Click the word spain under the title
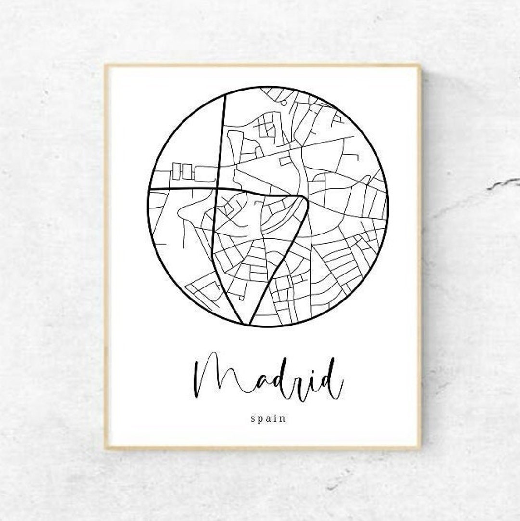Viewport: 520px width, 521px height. point(268,418)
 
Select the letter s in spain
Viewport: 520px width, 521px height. point(253,418)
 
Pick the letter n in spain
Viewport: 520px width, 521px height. point(284,418)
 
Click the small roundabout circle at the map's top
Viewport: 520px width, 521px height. point(284,103)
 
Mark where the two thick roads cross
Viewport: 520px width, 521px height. point(218,188)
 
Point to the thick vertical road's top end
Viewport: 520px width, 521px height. point(225,96)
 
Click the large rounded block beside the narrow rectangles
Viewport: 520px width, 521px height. point(205,174)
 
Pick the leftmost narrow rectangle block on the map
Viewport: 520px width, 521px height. point(176,171)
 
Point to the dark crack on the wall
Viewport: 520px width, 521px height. point(503,184)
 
